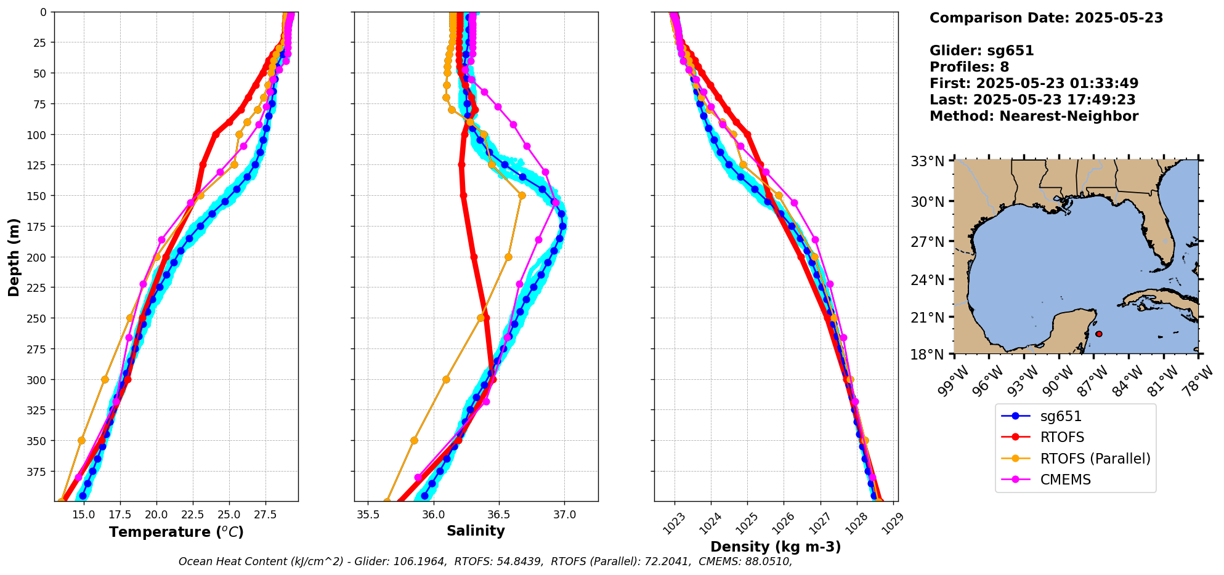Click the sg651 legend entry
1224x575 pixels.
click(1061, 416)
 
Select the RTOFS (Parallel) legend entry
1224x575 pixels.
click(1095, 459)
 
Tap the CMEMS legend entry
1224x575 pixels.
click(1065, 480)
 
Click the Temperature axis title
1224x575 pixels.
click(176, 532)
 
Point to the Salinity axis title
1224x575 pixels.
click(476, 531)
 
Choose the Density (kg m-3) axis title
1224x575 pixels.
click(776, 547)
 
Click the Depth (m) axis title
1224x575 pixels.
click(14, 257)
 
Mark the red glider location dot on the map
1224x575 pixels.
click(1099, 334)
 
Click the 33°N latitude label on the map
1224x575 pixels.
click(928, 161)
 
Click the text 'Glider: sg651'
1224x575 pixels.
click(981, 50)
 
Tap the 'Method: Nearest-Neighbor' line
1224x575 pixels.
click(1034, 116)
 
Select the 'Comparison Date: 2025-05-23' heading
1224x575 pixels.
click(1046, 18)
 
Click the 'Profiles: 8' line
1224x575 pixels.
click(969, 66)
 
